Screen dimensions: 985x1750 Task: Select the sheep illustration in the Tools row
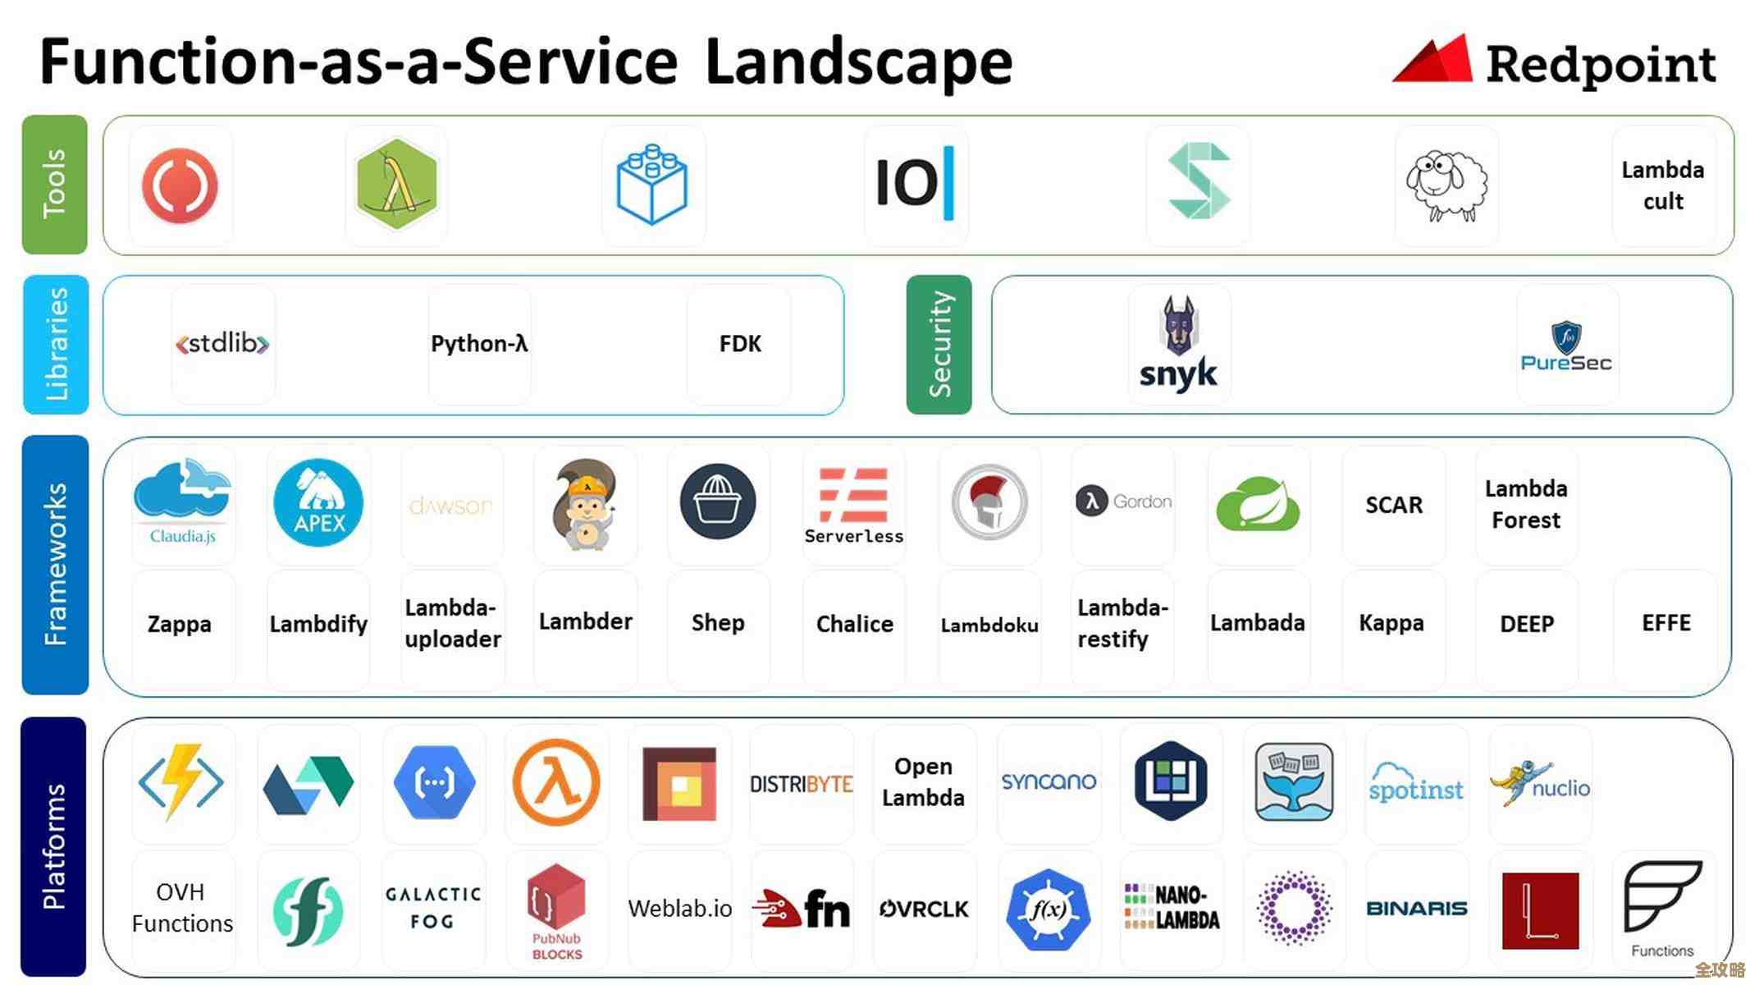pyautogui.click(x=1446, y=186)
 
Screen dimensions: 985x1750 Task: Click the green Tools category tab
pyautogui.click(x=54, y=185)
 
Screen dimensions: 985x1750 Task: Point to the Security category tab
pyautogui.click(x=939, y=345)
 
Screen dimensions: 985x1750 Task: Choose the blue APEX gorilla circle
pyautogui.click(x=318, y=502)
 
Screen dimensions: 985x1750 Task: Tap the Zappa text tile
pyautogui.click(x=180, y=624)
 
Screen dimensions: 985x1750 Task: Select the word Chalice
pyautogui.click(x=854, y=624)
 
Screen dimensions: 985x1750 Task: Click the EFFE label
pyautogui.click(x=1665, y=623)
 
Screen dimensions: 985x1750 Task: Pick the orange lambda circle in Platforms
pyautogui.click(x=556, y=782)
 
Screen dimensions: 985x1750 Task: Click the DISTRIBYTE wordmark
pyautogui.click(x=802, y=784)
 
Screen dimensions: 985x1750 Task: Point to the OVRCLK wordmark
pyautogui.click(x=924, y=909)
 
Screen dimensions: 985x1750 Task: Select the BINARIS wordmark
pyautogui.click(x=1416, y=909)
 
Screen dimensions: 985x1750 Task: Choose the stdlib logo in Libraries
pyautogui.click(x=222, y=343)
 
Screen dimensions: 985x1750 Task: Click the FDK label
pyautogui.click(x=740, y=344)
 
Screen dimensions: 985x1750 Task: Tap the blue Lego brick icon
pyautogui.click(x=652, y=184)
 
